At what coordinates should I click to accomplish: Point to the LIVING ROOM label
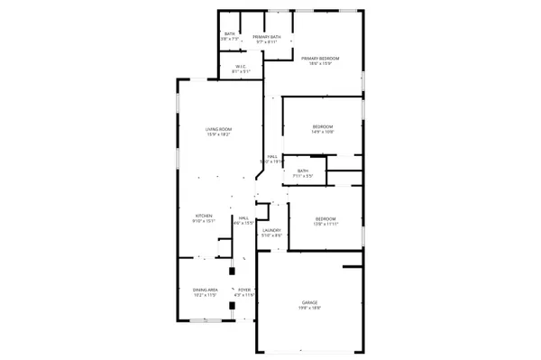(219, 130)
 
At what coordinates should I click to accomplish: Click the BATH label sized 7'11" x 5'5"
(303, 171)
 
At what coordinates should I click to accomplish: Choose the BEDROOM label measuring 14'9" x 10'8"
(323, 126)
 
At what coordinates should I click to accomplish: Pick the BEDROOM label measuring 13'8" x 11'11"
(326, 218)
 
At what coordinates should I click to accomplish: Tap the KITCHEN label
(205, 217)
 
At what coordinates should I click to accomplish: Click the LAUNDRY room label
(271, 230)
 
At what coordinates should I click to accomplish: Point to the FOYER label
(243, 290)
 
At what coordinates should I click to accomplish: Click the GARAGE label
(309, 302)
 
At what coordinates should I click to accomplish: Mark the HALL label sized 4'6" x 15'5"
(243, 217)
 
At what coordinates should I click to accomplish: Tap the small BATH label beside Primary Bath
(230, 34)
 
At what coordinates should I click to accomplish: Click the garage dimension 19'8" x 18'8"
(309, 309)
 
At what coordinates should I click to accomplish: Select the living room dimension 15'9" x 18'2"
(219, 135)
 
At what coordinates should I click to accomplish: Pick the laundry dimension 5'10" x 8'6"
(271, 235)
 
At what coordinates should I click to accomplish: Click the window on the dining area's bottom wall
(204, 320)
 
